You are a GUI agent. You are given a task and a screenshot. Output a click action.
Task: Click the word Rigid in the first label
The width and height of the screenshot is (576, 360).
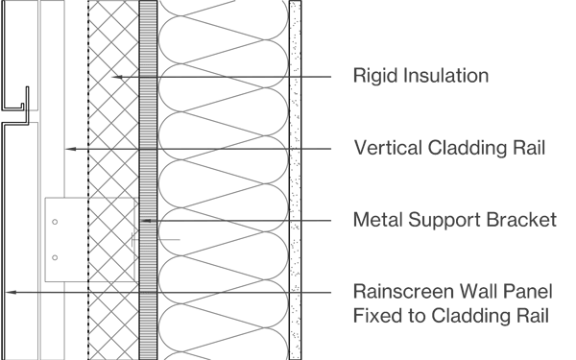372,75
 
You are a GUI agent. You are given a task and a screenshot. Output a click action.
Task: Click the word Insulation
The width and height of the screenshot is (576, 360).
442,75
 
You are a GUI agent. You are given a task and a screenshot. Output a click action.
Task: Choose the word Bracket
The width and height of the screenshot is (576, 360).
522,221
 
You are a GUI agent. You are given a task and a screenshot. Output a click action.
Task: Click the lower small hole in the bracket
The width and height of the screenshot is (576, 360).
54,256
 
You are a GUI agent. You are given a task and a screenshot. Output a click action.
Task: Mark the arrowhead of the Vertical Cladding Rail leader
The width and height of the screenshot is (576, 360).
66,149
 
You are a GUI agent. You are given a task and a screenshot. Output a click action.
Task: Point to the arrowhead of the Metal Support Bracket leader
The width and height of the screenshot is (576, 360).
145,221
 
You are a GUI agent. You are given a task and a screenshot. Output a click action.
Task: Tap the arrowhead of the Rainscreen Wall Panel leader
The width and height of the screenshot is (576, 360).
8,291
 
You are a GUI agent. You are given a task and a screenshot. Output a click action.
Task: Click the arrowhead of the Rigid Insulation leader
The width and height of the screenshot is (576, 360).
113,76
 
